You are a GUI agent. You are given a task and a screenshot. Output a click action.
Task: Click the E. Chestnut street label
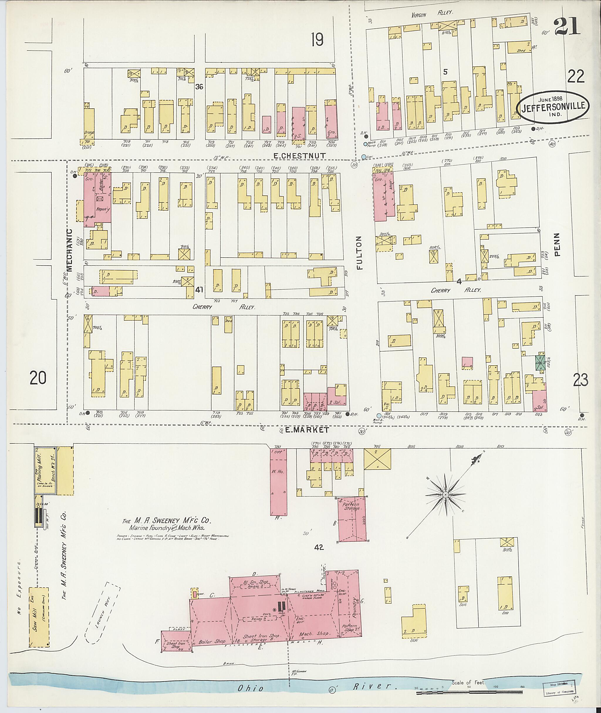coord(300,156)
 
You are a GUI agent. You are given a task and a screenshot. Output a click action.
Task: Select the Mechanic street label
coord(70,250)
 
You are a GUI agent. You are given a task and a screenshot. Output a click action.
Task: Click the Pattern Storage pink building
coord(352,520)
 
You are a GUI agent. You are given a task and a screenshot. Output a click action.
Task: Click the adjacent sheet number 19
coord(317,41)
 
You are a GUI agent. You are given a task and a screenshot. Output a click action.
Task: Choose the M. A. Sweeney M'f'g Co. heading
coord(167,521)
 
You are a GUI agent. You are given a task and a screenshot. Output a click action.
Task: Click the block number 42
coord(319,547)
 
